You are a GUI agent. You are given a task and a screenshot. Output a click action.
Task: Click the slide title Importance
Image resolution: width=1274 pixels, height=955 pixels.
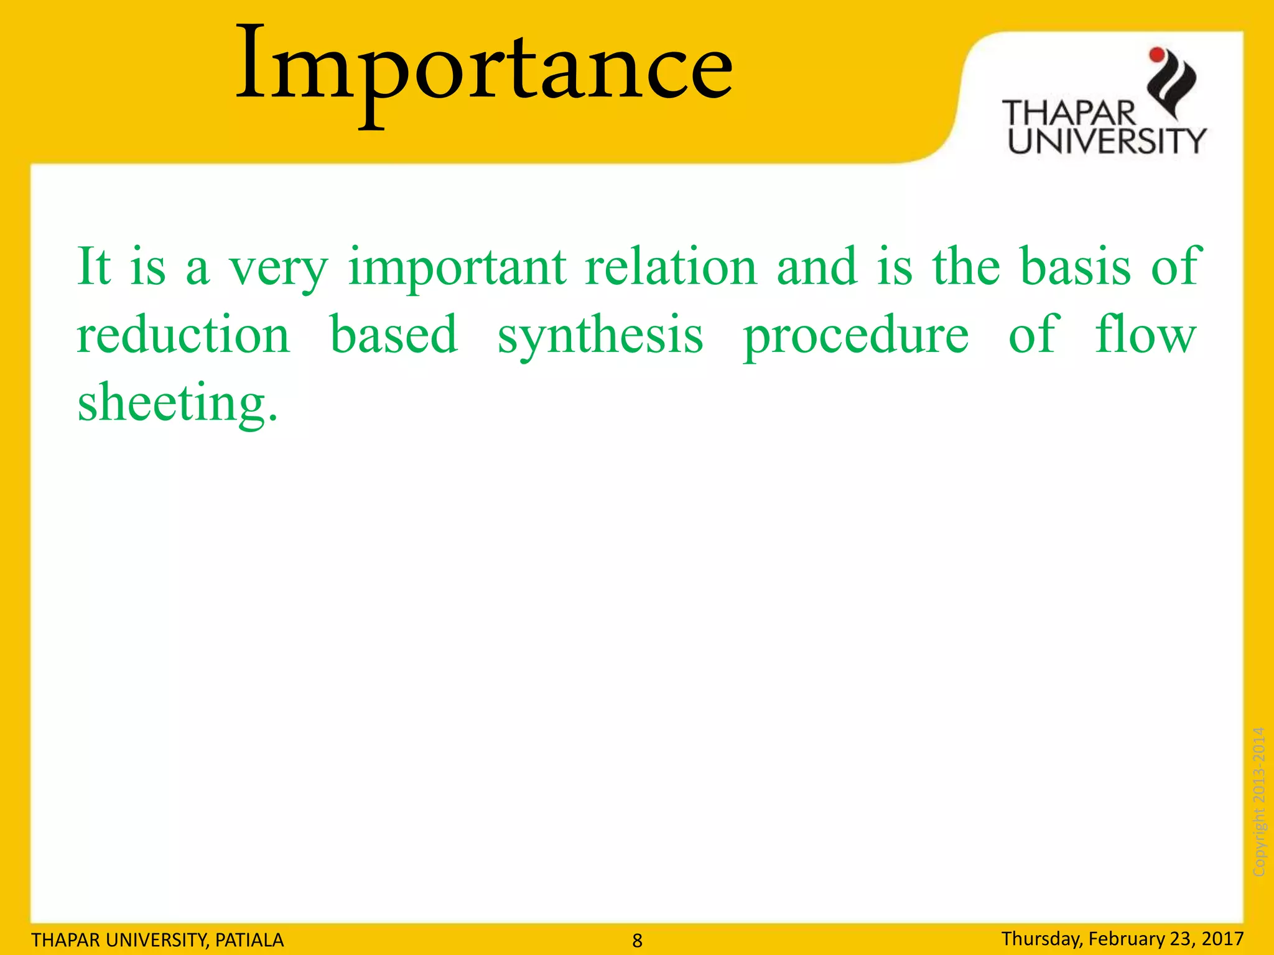tap(484, 68)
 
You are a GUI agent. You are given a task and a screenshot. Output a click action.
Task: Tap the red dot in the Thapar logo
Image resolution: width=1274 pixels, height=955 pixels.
tap(1156, 55)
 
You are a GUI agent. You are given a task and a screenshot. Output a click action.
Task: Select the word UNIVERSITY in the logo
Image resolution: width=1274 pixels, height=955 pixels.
tap(1106, 141)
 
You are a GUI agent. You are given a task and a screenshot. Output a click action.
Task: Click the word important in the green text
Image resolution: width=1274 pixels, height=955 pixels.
tap(457, 267)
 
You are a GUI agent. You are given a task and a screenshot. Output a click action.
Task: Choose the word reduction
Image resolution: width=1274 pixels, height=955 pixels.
tap(184, 334)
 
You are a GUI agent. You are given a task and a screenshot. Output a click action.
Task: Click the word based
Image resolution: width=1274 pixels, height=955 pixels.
tap(394, 334)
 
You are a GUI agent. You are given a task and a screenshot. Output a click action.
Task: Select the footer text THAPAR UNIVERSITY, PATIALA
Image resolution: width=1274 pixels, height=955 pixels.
tap(157, 939)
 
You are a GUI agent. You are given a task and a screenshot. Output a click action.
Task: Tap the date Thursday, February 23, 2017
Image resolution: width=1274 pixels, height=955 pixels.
tap(1122, 938)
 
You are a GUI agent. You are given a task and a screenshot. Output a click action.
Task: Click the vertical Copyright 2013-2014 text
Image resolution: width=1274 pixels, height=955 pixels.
tap(1258, 802)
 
